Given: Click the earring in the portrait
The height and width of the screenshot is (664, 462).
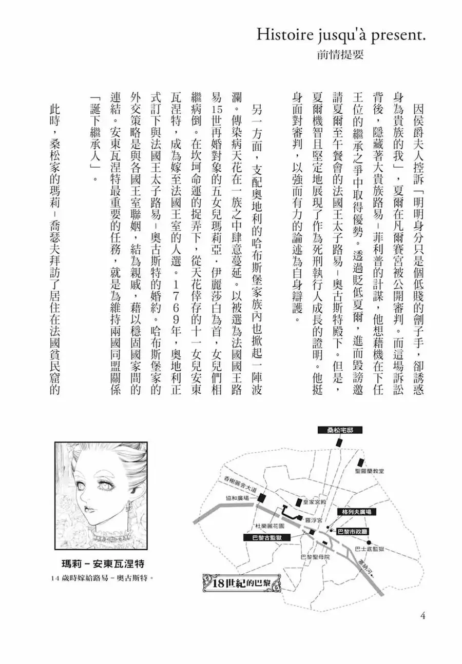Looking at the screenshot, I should (x=129, y=508).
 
